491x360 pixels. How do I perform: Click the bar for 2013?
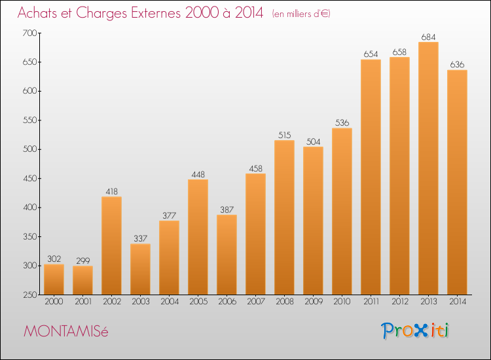(428, 168)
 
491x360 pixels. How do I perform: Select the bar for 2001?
(82, 280)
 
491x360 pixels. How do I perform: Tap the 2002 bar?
(111, 245)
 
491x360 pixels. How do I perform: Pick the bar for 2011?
(371, 177)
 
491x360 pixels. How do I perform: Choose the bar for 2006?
(227, 255)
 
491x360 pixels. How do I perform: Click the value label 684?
(428, 37)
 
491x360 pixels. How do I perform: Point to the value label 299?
(82, 261)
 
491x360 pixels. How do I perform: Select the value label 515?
(284, 135)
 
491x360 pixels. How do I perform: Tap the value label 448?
(198, 174)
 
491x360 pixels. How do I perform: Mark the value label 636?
(457, 65)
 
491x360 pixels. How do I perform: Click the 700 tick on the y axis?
(29, 33)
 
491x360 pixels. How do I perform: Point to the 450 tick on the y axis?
(29, 179)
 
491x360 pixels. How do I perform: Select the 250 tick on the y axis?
(29, 295)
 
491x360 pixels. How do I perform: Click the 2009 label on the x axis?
(313, 302)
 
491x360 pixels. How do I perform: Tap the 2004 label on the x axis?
(169, 302)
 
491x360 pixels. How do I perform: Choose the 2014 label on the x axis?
(457, 302)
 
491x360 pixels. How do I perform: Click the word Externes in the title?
(156, 13)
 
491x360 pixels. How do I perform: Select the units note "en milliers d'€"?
(301, 14)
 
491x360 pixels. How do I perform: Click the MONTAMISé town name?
(65, 331)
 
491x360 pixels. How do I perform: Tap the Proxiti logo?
(415, 331)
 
